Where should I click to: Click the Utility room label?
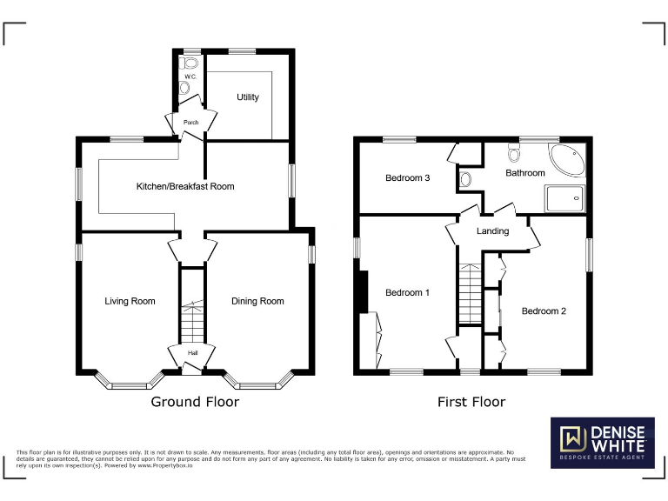click(x=248, y=97)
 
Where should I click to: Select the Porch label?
click(x=190, y=123)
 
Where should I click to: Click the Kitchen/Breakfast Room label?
click(x=184, y=186)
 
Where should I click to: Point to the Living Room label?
click(x=130, y=301)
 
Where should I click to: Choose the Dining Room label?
click(x=257, y=301)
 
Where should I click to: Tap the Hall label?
click(x=190, y=353)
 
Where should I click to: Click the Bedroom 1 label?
click(x=408, y=293)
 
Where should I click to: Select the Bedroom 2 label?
click(x=544, y=311)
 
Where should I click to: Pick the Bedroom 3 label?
click(x=408, y=178)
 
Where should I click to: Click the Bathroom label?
click(x=525, y=173)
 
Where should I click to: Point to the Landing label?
click(x=492, y=231)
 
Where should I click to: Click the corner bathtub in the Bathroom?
click(x=567, y=161)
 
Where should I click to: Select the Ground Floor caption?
click(x=195, y=402)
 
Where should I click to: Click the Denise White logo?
click(x=602, y=442)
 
